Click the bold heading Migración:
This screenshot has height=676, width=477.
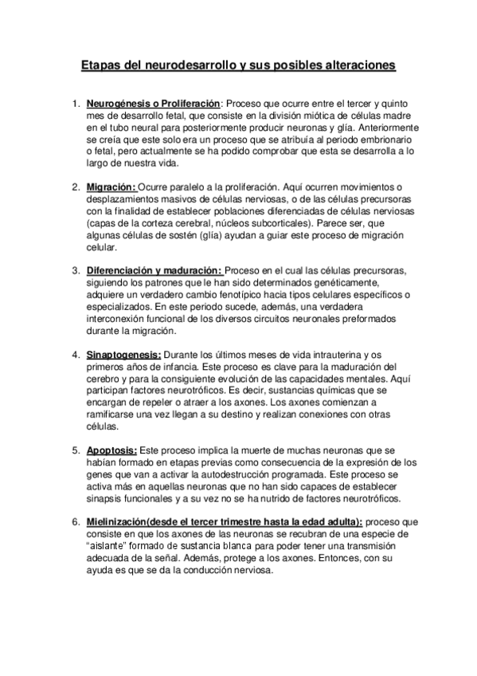click(111, 187)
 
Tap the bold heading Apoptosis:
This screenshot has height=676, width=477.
click(112, 450)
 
